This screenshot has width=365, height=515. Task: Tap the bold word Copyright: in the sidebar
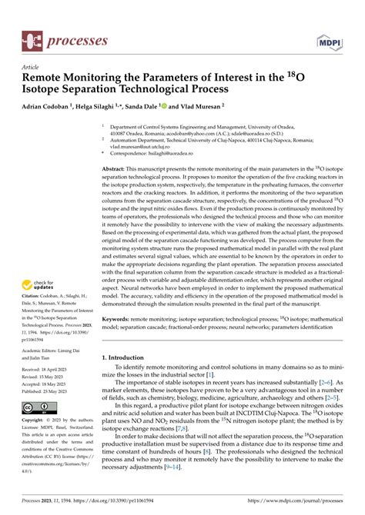[34, 420]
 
